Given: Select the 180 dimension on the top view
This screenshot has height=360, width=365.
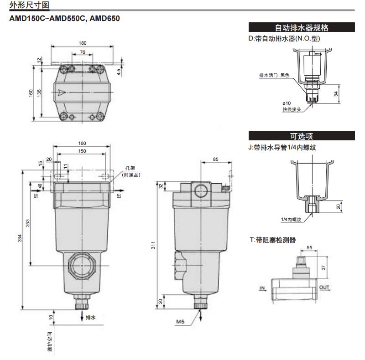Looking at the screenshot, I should (x=82, y=43).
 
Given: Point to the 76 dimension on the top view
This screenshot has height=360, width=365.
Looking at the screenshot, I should (x=82, y=52).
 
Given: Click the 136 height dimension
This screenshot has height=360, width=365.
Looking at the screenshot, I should (x=39, y=93).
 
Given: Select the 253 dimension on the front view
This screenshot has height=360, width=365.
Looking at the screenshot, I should (x=28, y=223).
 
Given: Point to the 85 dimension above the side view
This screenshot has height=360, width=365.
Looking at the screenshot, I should (x=216, y=159).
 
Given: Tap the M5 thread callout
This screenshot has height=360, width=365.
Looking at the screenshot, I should (x=180, y=322).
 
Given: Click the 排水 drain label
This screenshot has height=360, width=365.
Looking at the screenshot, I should (x=91, y=316).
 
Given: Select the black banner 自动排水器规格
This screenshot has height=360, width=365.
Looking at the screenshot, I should (x=301, y=28).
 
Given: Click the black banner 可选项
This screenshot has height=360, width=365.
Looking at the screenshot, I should (x=301, y=136).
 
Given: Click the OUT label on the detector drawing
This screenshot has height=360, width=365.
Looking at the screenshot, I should (x=324, y=287).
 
